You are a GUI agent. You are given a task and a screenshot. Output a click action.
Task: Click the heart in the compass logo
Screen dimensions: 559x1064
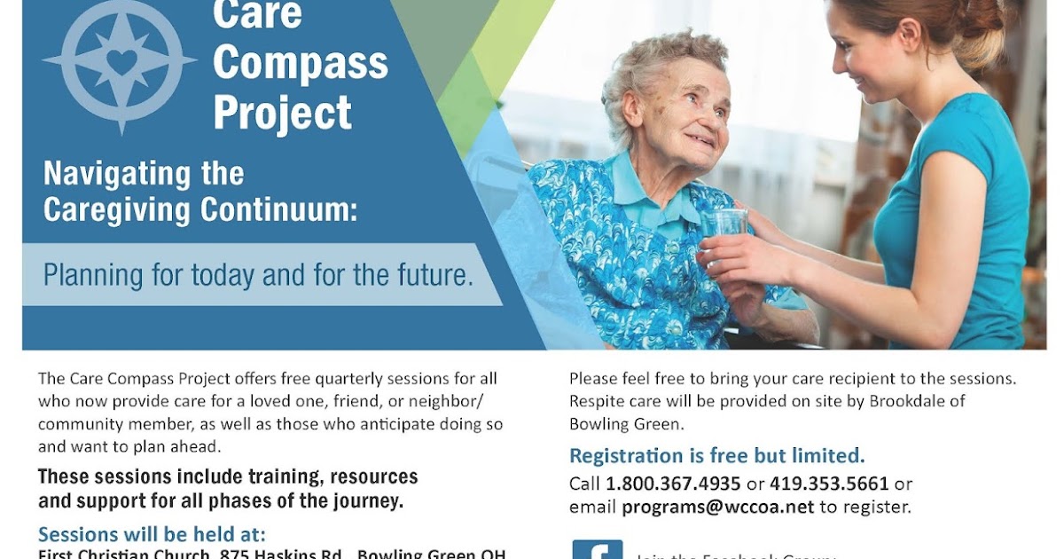click(x=122, y=60)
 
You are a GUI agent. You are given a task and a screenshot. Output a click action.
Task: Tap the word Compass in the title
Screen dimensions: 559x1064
click(x=301, y=63)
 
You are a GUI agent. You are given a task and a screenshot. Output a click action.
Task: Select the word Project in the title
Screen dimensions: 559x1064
click(x=282, y=113)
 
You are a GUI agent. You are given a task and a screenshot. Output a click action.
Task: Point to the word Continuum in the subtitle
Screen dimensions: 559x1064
click(x=275, y=209)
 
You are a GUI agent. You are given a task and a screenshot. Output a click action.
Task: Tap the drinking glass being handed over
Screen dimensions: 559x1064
click(x=728, y=227)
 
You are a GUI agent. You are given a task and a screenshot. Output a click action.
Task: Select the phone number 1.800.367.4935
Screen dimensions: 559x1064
click(x=673, y=484)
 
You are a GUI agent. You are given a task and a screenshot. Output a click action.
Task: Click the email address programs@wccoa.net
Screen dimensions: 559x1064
click(x=717, y=508)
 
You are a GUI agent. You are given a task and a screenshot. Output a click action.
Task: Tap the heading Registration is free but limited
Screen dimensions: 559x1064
click(x=716, y=456)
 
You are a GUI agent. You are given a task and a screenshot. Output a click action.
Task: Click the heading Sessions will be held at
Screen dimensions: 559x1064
click(x=152, y=535)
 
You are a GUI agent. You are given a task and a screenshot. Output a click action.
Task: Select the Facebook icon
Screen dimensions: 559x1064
click(x=597, y=550)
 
